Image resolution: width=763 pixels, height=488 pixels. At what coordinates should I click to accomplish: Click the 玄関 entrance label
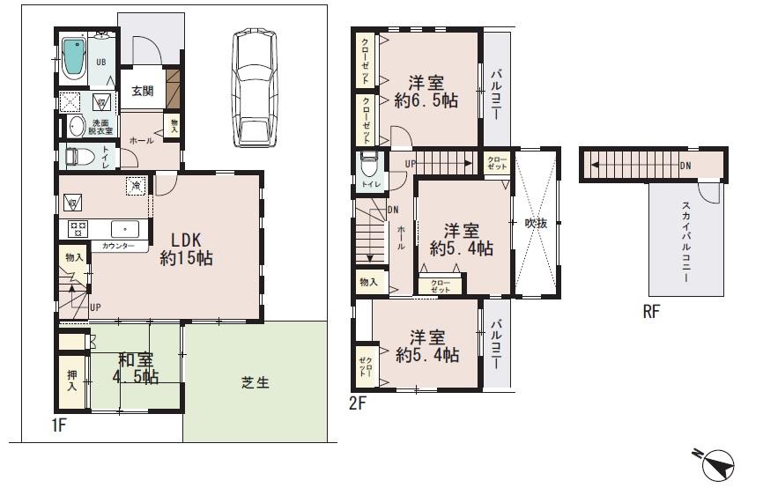143,90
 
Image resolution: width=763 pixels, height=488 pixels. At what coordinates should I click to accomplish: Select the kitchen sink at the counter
125,227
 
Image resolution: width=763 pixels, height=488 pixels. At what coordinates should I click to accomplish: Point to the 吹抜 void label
536,224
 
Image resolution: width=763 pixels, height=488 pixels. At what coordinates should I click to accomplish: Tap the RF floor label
649,311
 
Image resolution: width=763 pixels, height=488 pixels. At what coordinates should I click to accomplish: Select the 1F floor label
59,426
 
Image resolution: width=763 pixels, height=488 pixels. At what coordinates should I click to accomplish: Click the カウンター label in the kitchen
118,246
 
